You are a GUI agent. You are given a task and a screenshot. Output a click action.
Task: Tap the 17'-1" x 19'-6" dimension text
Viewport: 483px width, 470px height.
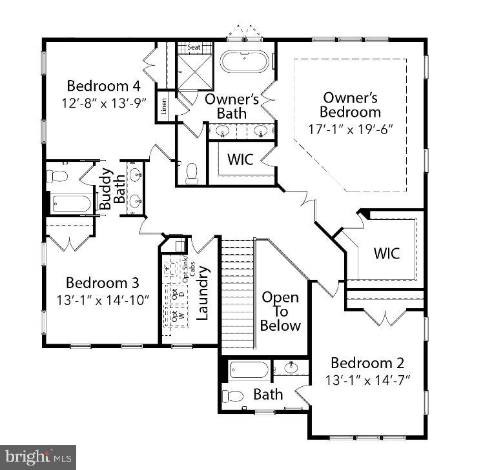(x=350, y=128)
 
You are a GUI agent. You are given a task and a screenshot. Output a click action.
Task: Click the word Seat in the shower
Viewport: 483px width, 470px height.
(x=194, y=48)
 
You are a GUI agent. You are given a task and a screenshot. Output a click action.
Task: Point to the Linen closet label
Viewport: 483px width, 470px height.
(x=164, y=105)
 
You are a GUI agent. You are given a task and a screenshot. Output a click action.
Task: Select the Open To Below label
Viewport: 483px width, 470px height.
(x=280, y=311)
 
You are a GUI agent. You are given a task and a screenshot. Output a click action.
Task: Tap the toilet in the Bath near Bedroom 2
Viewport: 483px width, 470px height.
(x=233, y=395)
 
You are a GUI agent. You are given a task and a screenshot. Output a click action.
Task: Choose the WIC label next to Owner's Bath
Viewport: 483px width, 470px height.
(x=239, y=159)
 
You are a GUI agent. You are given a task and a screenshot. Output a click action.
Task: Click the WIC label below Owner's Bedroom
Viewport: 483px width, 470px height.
(x=386, y=253)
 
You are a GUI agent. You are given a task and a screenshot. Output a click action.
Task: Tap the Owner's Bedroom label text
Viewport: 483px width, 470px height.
(x=350, y=105)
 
